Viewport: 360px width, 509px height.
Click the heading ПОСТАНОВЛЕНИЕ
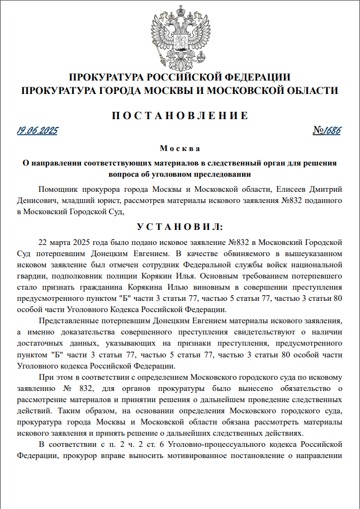[179, 116]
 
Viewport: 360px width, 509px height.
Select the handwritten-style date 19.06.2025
[37, 131]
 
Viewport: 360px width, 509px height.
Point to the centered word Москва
[179, 149]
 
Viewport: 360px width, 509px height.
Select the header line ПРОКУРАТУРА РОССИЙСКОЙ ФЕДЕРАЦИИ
[179, 77]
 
